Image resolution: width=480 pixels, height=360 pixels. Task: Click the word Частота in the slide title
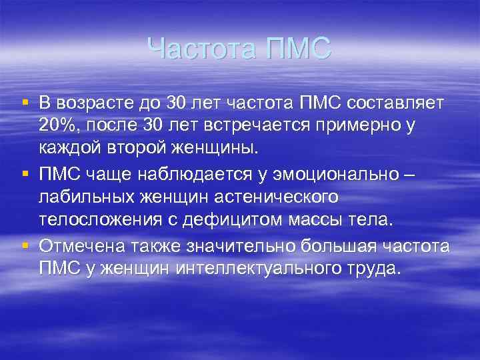pyautogui.click(x=201, y=50)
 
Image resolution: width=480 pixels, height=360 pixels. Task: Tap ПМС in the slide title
pyautogui.click(x=297, y=50)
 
